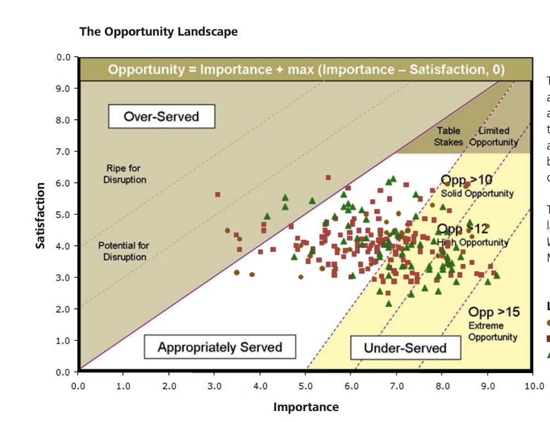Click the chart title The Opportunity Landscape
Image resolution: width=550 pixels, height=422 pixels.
coord(158,31)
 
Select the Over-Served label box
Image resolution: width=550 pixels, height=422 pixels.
coord(161,116)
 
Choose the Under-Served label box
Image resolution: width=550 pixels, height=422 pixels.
coord(405,347)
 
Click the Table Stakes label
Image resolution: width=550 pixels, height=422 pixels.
coord(448,136)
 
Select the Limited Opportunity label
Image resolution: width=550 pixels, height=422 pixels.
coord(494,136)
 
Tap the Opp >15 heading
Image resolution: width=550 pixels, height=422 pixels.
coord(494,312)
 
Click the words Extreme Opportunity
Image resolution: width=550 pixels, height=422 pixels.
coord(492,331)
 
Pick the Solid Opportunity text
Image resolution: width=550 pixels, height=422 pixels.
coord(477,193)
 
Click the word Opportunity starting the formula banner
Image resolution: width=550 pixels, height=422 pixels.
coord(146,70)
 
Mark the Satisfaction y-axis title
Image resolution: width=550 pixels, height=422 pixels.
coord(40,215)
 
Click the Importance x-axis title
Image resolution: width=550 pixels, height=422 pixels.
coord(306,407)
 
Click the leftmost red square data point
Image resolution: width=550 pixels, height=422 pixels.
coord(217,195)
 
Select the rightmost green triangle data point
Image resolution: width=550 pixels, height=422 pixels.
coord(496,275)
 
